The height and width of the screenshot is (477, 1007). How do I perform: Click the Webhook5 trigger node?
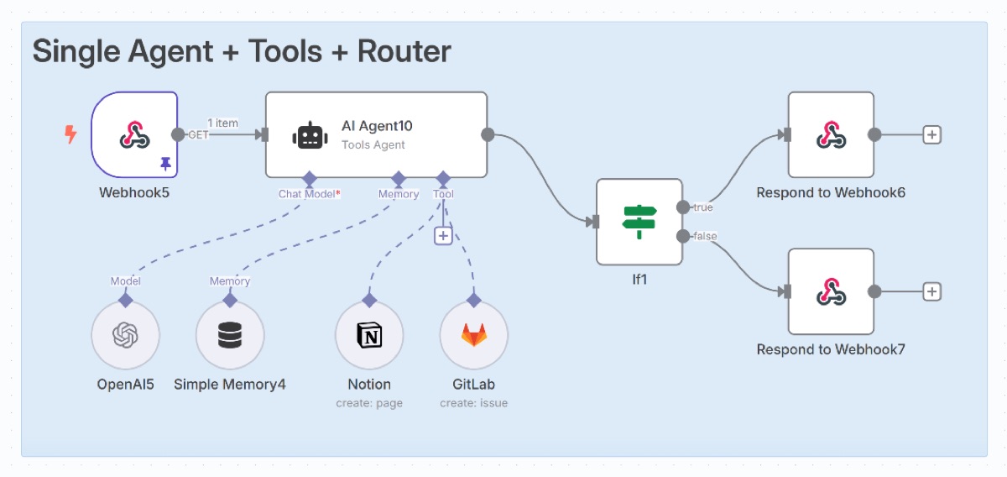pos(134,134)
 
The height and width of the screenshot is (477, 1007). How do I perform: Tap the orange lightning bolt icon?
pos(71,134)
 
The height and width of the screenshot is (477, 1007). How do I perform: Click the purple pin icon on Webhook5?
pos(165,165)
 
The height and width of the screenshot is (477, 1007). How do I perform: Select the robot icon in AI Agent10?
pos(308,135)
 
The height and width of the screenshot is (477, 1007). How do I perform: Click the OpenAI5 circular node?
pos(125,336)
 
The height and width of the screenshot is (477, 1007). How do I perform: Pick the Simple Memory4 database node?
pos(229,336)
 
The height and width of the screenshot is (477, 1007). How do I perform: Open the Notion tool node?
pos(368,336)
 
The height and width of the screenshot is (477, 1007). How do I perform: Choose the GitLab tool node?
pos(473,336)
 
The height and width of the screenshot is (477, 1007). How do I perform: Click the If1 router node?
pos(639,222)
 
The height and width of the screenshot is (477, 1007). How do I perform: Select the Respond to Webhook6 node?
pos(831,134)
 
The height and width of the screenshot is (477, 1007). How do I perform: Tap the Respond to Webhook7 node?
pos(831,291)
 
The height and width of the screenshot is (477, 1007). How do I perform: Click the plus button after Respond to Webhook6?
pos(931,134)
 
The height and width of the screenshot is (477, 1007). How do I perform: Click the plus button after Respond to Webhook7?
pos(931,291)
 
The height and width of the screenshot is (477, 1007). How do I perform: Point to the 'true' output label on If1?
pos(703,207)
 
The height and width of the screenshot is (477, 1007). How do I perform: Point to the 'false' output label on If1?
pos(705,236)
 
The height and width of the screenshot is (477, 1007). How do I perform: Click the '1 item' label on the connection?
pos(222,123)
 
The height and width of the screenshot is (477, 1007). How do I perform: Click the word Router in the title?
pos(404,51)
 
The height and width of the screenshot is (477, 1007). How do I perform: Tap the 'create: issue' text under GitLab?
pos(473,403)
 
